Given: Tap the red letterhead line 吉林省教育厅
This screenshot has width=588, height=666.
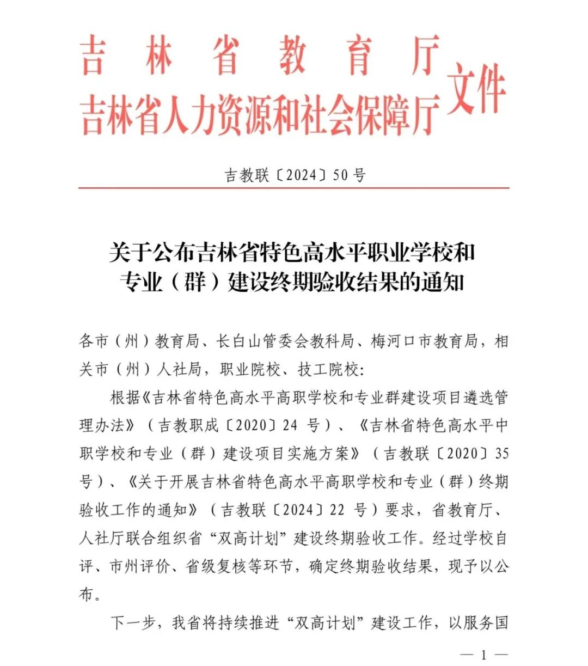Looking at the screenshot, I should (x=260, y=56).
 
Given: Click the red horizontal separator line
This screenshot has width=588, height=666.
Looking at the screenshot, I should (x=294, y=188).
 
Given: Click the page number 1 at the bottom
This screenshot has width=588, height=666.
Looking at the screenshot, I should (x=483, y=655).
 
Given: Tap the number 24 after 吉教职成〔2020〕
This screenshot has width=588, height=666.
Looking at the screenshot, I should (x=290, y=425).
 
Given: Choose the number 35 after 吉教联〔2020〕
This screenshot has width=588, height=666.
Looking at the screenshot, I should (x=500, y=454).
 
